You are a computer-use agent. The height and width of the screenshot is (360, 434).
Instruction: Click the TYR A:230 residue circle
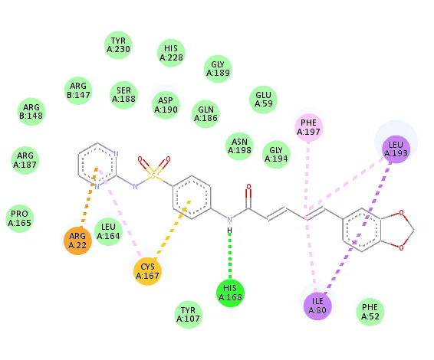[118, 45]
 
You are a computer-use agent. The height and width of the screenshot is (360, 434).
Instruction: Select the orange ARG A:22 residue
[77, 241]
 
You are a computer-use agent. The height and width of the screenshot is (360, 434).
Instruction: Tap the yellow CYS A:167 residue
[147, 271]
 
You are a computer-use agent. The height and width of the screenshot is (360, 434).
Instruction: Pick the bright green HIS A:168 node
[230, 293]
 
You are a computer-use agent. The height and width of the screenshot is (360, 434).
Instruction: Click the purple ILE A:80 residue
[317, 306]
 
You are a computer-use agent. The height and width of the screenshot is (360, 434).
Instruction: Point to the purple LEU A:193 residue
[396, 149]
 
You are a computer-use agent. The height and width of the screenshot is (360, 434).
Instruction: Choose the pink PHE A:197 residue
[308, 127]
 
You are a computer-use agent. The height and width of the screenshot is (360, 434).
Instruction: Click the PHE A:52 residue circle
[370, 312]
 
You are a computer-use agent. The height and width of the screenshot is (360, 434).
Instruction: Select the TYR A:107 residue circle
[188, 315]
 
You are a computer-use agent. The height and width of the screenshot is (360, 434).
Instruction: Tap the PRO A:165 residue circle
[20, 218]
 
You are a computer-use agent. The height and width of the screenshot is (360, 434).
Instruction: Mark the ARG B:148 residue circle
[31, 111]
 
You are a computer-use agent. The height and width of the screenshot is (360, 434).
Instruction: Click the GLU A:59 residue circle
[263, 100]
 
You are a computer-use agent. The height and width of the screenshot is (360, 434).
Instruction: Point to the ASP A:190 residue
[166, 105]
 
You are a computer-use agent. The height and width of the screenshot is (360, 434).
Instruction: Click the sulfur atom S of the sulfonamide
[153, 175]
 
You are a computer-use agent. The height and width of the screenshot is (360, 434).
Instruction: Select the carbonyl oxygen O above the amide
[249, 187]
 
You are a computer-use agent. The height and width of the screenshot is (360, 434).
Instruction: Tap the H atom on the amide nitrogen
[229, 230]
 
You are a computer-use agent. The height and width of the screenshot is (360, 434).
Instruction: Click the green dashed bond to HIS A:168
[230, 256]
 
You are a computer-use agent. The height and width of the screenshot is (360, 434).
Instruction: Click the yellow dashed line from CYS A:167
[173, 229]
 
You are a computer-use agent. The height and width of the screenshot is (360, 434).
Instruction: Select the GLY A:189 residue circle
[218, 69]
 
